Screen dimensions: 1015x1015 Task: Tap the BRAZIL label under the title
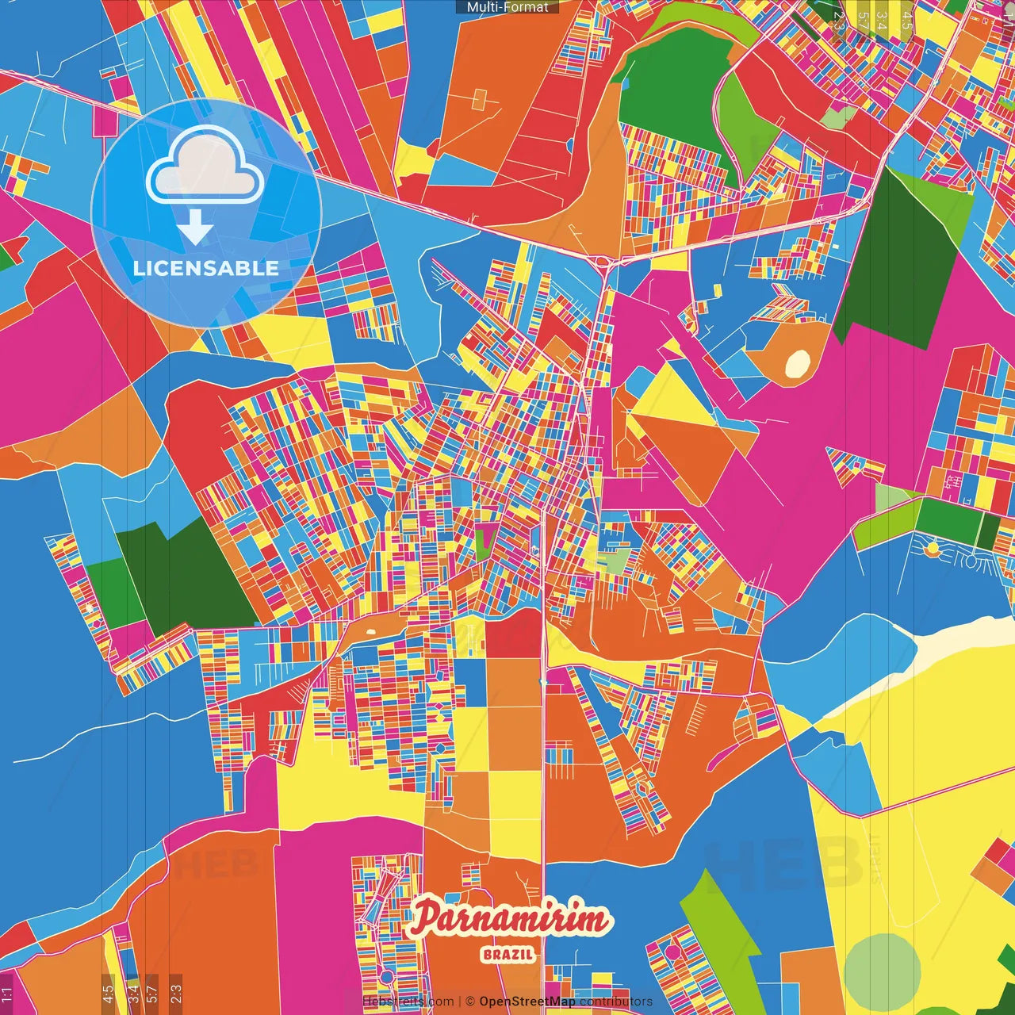click(x=508, y=954)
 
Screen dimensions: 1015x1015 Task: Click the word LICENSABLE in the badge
click(x=206, y=268)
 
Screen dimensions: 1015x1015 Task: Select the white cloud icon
click(x=205, y=167)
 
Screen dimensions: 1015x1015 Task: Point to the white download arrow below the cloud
click(x=195, y=228)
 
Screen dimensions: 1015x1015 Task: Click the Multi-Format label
click(x=507, y=7)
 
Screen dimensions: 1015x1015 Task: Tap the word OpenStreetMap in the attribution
click(x=527, y=1002)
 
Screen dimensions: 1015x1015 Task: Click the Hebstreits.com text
click(x=408, y=1002)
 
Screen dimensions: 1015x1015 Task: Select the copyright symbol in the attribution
click(x=470, y=1002)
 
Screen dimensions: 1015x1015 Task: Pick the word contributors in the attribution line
click(x=616, y=1002)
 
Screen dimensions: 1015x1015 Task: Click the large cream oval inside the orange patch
click(x=797, y=363)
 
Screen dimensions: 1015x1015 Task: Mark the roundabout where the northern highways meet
click(x=602, y=259)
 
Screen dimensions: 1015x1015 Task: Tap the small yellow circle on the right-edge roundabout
click(x=933, y=548)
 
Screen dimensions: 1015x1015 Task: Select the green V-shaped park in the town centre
click(x=485, y=539)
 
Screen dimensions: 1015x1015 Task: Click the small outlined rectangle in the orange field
click(x=478, y=99)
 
